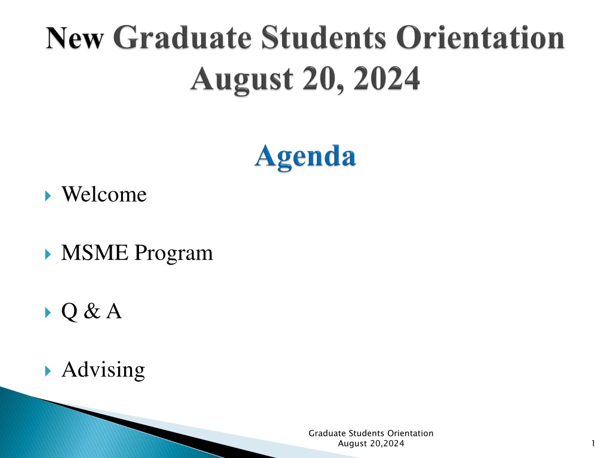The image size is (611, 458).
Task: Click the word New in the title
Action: (x=75, y=38)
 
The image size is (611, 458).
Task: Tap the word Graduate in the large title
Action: (x=183, y=38)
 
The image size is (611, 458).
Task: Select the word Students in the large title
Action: (x=323, y=38)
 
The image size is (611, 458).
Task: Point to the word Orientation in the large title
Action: (x=480, y=38)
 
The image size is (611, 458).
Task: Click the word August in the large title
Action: (x=242, y=79)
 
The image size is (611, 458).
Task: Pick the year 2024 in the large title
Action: (x=387, y=79)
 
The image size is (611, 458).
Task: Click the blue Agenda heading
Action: (x=305, y=157)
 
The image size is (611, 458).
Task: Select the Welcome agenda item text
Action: (x=104, y=194)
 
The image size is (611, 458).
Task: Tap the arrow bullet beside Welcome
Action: (x=48, y=196)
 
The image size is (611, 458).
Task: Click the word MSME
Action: (x=95, y=252)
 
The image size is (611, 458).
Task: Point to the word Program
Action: (x=174, y=253)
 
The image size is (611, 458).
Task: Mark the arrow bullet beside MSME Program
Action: (x=48, y=254)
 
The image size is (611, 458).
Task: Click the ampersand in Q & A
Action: (x=92, y=311)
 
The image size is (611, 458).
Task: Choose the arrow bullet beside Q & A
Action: (x=48, y=312)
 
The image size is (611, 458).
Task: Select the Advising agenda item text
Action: (x=103, y=370)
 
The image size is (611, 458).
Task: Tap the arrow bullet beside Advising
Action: (x=48, y=371)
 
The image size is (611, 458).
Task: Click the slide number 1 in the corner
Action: (x=593, y=443)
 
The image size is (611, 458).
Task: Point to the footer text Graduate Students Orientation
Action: (x=371, y=433)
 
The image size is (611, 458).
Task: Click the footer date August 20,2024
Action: (x=371, y=443)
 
